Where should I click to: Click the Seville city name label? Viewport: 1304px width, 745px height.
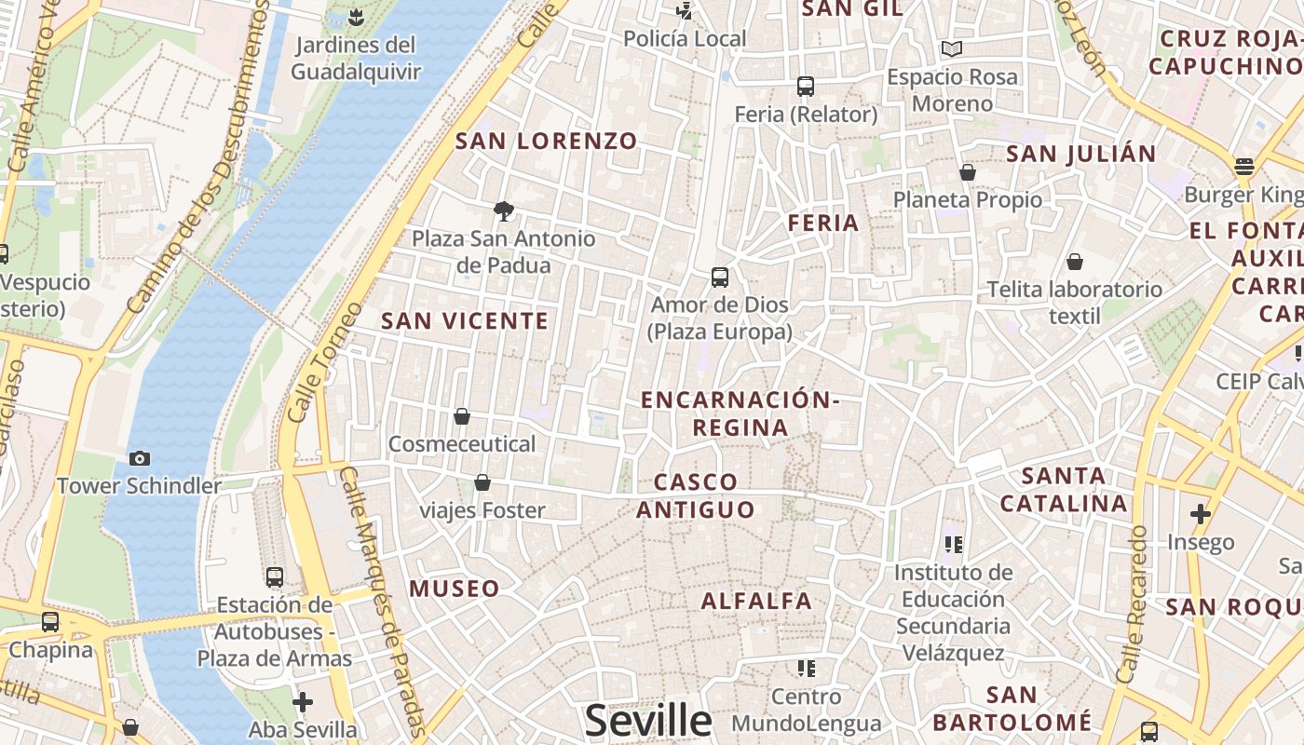[x=648, y=720]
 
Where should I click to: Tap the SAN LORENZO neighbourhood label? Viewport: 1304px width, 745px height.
[x=546, y=142]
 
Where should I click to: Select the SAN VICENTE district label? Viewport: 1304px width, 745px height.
[x=465, y=321]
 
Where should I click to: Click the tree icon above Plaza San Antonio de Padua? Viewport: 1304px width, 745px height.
[x=504, y=210]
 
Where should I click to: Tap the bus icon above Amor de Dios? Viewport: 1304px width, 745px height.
[x=720, y=277]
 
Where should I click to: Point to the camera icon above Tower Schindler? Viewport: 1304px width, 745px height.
[x=140, y=458]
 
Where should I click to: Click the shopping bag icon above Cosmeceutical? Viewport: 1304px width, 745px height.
[x=462, y=416]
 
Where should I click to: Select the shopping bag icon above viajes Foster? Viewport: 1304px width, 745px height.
[x=482, y=482]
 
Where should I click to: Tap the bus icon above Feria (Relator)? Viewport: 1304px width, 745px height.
[x=806, y=87]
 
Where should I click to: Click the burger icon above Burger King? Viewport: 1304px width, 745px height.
[x=1244, y=168]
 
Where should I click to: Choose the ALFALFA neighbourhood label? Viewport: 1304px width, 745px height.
[x=756, y=601]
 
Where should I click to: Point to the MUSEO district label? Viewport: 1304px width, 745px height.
[x=455, y=589]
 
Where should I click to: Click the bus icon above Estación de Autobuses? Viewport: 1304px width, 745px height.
[x=275, y=576]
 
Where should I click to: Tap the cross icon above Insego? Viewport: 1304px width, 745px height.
[x=1201, y=513]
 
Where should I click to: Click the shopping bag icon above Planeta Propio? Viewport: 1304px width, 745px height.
[x=968, y=172]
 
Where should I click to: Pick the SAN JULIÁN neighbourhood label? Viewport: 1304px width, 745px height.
[x=1081, y=154]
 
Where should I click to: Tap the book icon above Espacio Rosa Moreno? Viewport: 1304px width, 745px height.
[x=952, y=48]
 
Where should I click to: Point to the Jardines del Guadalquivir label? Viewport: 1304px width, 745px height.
[x=355, y=58]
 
